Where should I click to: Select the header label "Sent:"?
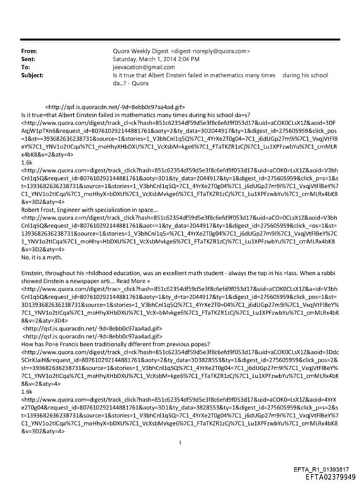[28, 59]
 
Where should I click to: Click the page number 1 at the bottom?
[181, 423]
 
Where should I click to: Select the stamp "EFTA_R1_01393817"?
[319, 469]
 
